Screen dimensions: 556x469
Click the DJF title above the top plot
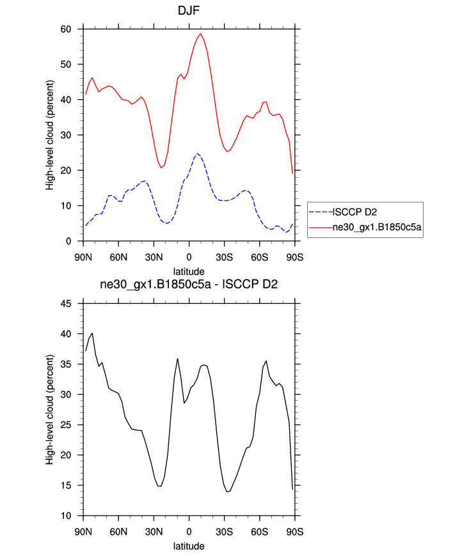(189, 11)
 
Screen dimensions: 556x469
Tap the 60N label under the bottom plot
(118, 532)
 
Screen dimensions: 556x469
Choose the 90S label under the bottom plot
(294, 532)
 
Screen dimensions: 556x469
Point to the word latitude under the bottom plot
(189, 546)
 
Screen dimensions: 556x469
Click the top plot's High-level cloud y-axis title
(49, 135)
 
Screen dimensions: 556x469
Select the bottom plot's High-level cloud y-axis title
(49, 409)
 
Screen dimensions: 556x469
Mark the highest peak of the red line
(200, 33)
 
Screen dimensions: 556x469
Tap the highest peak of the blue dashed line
(197, 154)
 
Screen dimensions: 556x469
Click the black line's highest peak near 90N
(92, 333)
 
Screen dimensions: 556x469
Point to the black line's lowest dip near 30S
(228, 492)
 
